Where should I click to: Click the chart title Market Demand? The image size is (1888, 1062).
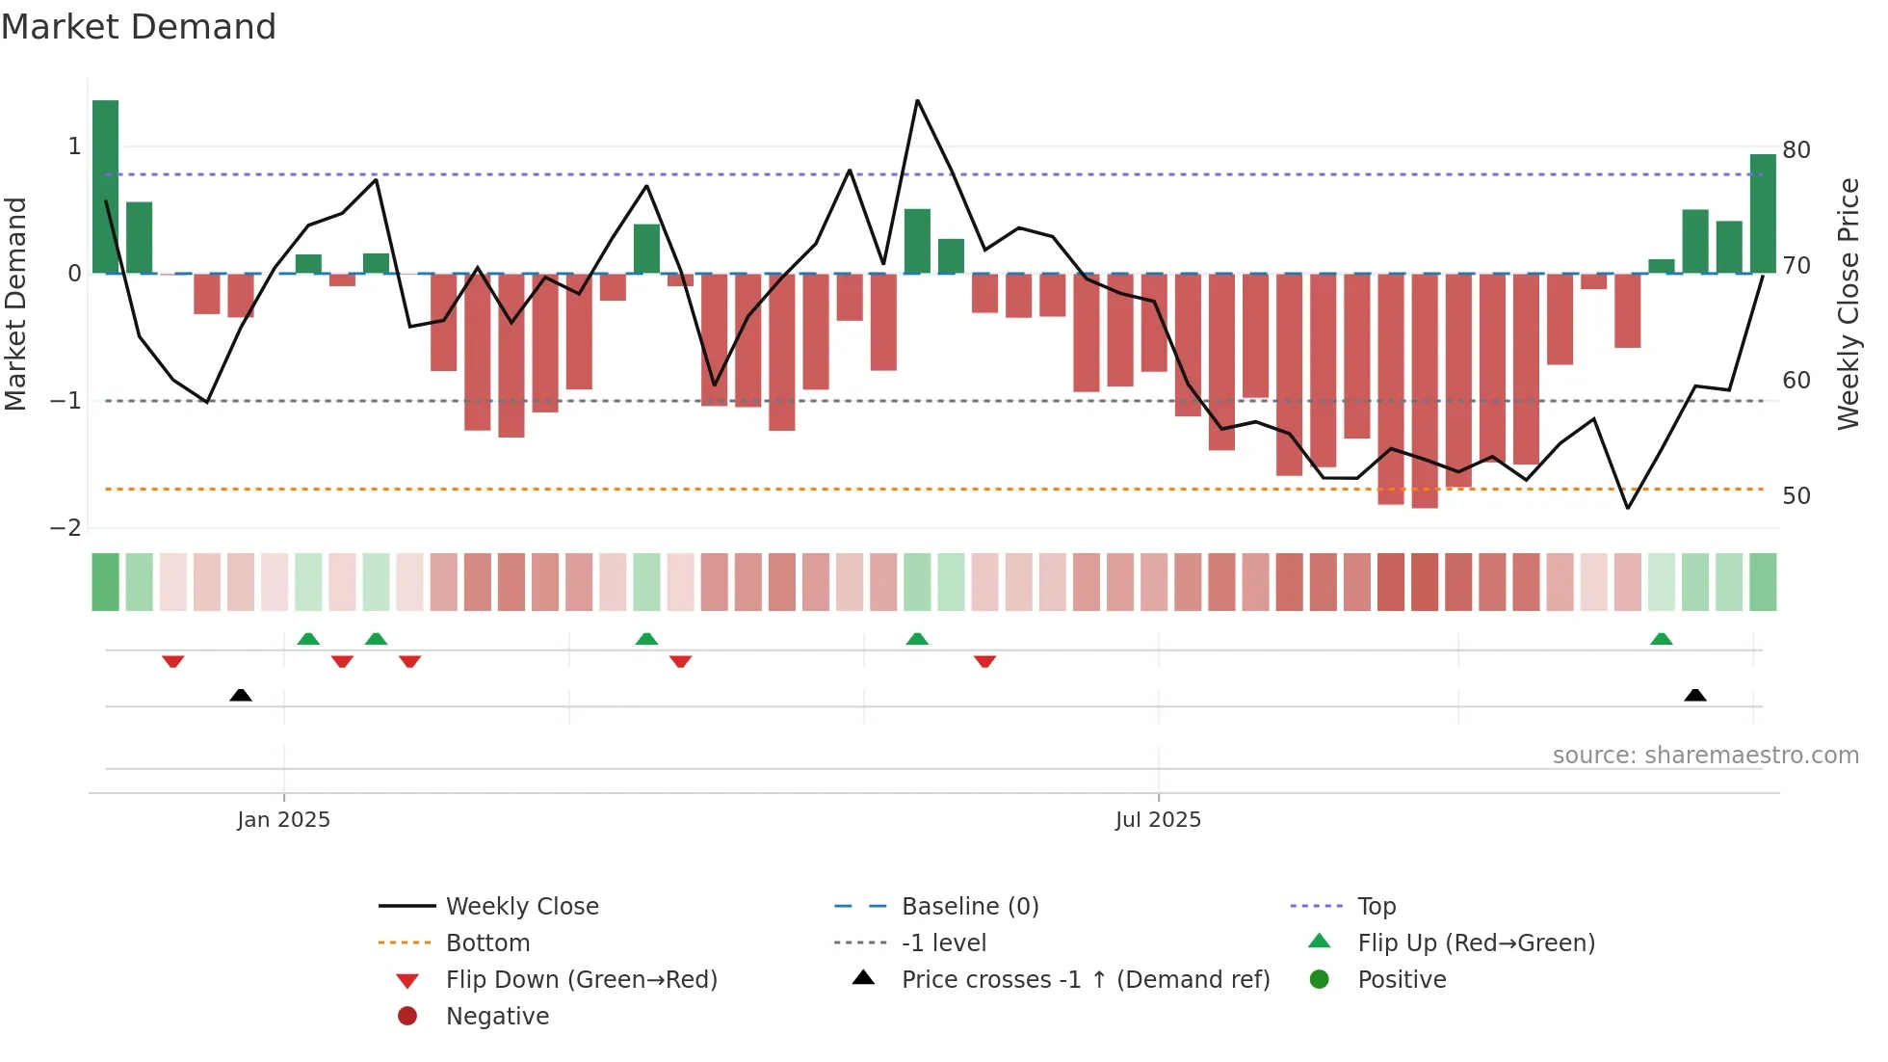(139, 27)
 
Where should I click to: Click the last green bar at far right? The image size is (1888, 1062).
(1763, 214)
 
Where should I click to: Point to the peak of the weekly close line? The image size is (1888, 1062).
(917, 101)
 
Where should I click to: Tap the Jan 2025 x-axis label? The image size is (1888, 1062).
(283, 820)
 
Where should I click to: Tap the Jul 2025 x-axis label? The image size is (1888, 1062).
(1158, 820)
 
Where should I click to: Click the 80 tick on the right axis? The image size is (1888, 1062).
(1796, 150)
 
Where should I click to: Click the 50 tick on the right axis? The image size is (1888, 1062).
(1796, 496)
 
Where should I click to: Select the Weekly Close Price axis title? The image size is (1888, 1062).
(1848, 304)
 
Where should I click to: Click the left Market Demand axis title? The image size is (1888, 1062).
(15, 304)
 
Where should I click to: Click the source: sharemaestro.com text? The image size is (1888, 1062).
(1705, 756)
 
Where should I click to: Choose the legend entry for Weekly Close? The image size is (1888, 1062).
(521, 907)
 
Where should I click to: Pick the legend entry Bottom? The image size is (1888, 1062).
(487, 943)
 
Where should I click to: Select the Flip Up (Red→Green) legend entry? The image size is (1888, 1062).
(1476, 943)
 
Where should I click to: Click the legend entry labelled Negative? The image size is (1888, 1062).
(497, 1017)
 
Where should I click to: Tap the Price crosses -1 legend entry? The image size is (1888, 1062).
(1085, 980)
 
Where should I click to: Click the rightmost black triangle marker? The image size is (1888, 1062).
(1695, 695)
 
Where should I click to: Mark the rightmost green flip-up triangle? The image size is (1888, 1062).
(1662, 639)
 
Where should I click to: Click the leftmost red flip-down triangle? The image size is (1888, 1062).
(173, 661)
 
